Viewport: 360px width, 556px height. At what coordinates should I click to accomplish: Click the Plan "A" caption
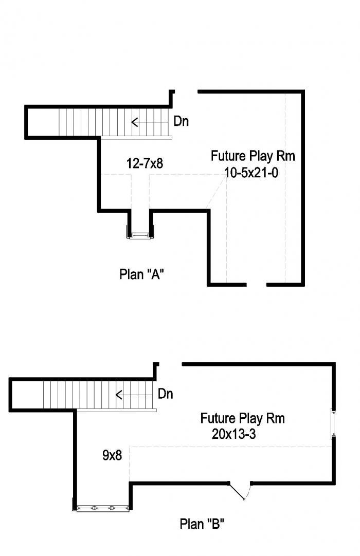(x=141, y=274)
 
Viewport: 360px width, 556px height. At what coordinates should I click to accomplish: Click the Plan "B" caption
(x=202, y=524)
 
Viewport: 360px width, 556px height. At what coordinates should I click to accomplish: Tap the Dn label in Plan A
(x=181, y=121)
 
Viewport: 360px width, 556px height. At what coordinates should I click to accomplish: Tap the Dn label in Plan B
(x=166, y=394)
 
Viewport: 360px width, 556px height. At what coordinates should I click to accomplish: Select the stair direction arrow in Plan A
(x=150, y=122)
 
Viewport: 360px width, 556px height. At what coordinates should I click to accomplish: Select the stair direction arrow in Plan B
(x=134, y=395)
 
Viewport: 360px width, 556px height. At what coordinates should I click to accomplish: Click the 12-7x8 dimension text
(x=145, y=163)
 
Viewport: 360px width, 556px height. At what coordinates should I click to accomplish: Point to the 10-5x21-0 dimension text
(x=251, y=173)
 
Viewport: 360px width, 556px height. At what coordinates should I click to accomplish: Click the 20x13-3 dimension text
(x=233, y=434)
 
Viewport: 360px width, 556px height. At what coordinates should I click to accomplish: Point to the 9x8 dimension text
(x=112, y=455)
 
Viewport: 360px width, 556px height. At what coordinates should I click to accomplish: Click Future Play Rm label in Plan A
(x=253, y=156)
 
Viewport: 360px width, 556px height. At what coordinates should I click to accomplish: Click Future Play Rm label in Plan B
(x=242, y=418)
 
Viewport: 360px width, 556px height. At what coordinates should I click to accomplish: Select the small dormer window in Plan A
(x=140, y=235)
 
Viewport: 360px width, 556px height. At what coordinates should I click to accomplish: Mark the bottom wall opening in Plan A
(x=256, y=284)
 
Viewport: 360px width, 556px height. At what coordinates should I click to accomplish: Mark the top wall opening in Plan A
(x=186, y=91)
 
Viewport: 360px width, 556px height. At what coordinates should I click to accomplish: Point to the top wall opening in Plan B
(x=170, y=364)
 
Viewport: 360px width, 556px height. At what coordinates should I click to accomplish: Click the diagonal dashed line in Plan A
(x=217, y=192)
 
